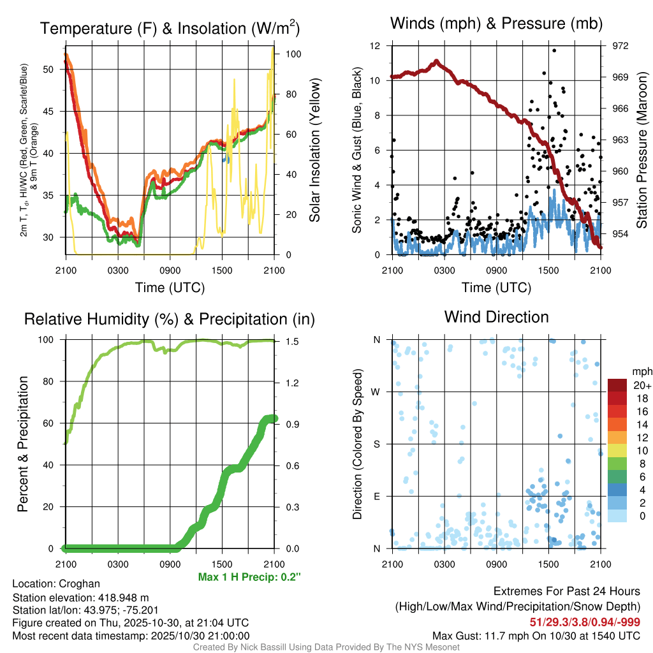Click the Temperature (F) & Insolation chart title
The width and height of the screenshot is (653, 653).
click(170, 28)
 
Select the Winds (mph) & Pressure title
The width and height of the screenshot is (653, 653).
click(496, 24)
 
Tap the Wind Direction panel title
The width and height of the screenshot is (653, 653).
click(496, 316)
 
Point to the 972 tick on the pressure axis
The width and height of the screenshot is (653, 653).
click(620, 46)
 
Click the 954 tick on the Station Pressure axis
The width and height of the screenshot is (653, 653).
click(620, 233)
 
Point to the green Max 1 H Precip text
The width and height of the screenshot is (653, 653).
click(249, 577)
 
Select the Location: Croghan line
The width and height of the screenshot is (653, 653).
click(56, 583)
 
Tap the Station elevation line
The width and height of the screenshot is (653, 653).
click(80, 598)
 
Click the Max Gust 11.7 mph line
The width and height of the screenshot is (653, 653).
click(536, 635)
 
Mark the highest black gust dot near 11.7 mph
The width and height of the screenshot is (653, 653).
click(554, 50)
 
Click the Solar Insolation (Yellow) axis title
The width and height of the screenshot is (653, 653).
click(314, 150)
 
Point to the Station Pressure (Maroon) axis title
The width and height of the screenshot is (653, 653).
click(642, 150)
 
